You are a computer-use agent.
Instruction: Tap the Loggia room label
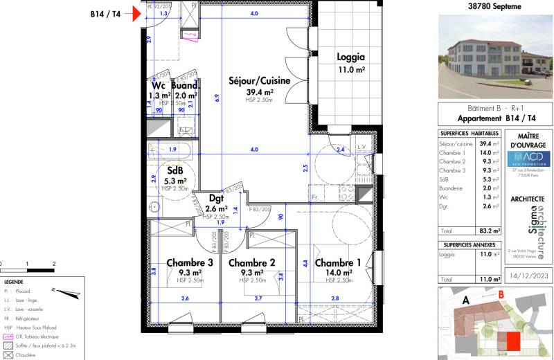(x=350, y=57)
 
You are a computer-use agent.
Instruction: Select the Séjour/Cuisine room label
(x=259, y=81)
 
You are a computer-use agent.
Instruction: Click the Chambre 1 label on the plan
(x=337, y=263)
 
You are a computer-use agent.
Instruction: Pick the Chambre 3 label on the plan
(x=189, y=263)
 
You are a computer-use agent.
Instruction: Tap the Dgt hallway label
(x=216, y=197)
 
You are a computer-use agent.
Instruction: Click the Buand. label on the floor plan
(x=185, y=87)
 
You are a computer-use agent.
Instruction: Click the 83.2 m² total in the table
(x=491, y=231)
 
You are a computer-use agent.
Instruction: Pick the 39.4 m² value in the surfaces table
(x=491, y=144)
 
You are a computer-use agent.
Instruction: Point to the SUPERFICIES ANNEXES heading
(x=469, y=244)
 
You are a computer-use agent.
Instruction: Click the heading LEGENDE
(x=13, y=282)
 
